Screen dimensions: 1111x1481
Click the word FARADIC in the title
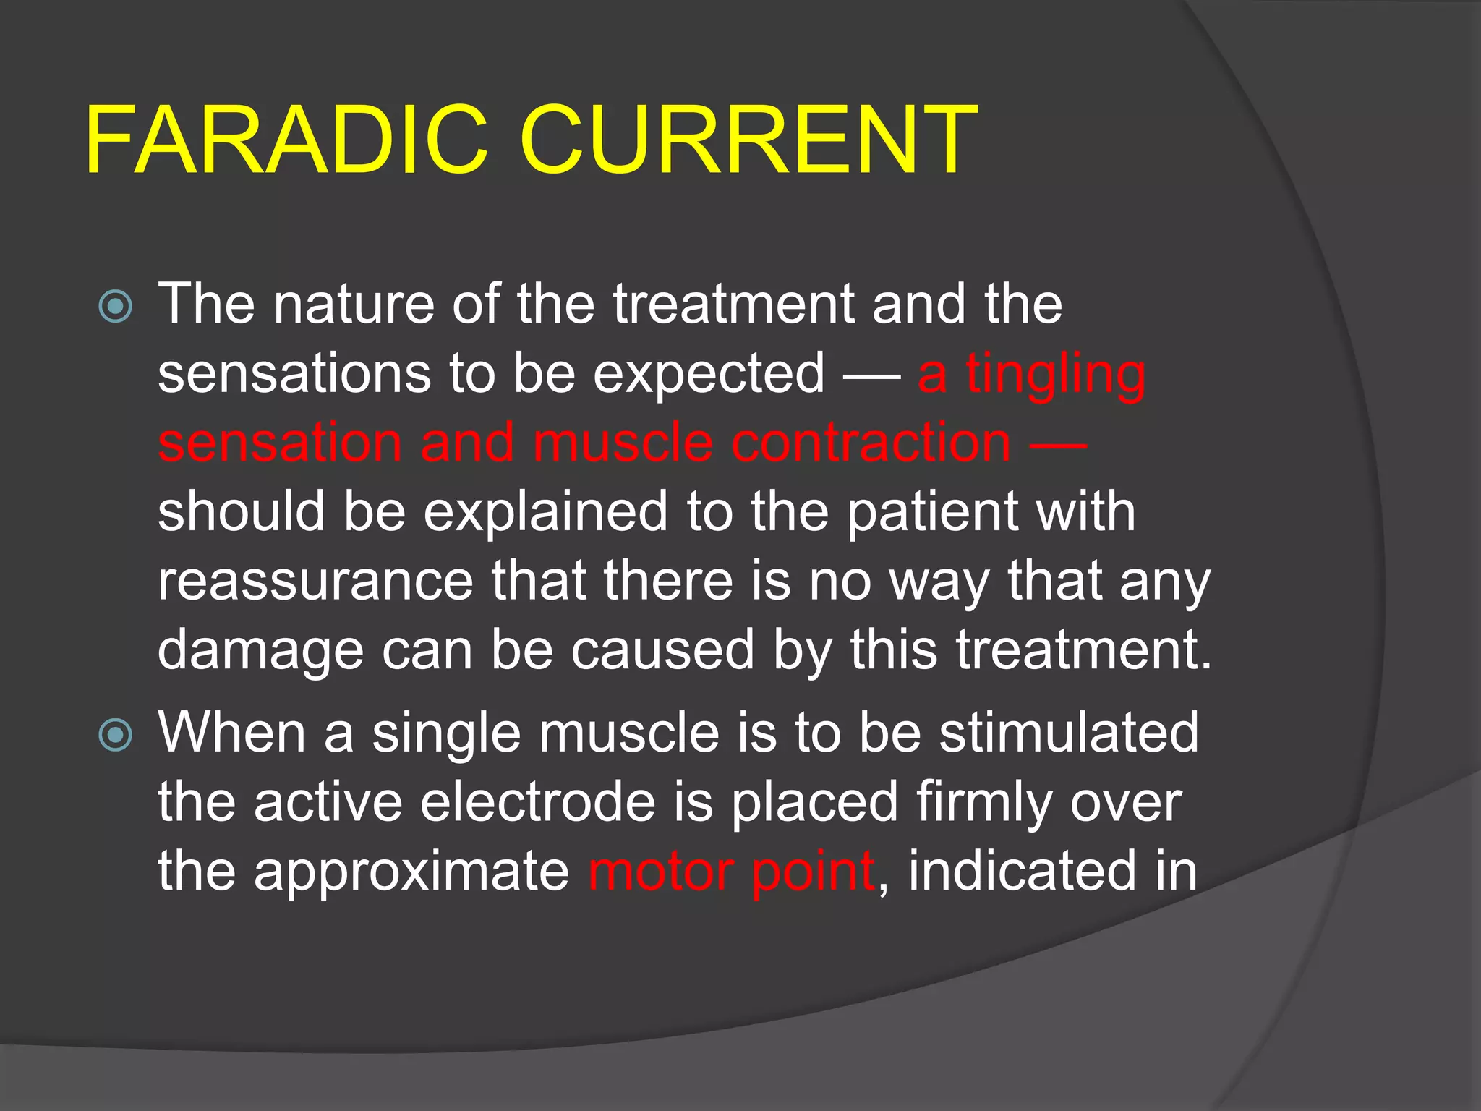(286, 141)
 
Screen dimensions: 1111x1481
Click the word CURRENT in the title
(748, 141)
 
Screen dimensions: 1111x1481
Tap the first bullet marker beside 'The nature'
(116, 306)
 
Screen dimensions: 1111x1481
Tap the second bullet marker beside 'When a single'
(116, 736)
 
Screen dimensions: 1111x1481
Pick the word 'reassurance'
(315, 582)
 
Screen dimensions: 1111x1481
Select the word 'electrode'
(538, 803)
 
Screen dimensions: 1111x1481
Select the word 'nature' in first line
(354, 305)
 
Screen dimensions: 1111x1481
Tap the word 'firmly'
(985, 803)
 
